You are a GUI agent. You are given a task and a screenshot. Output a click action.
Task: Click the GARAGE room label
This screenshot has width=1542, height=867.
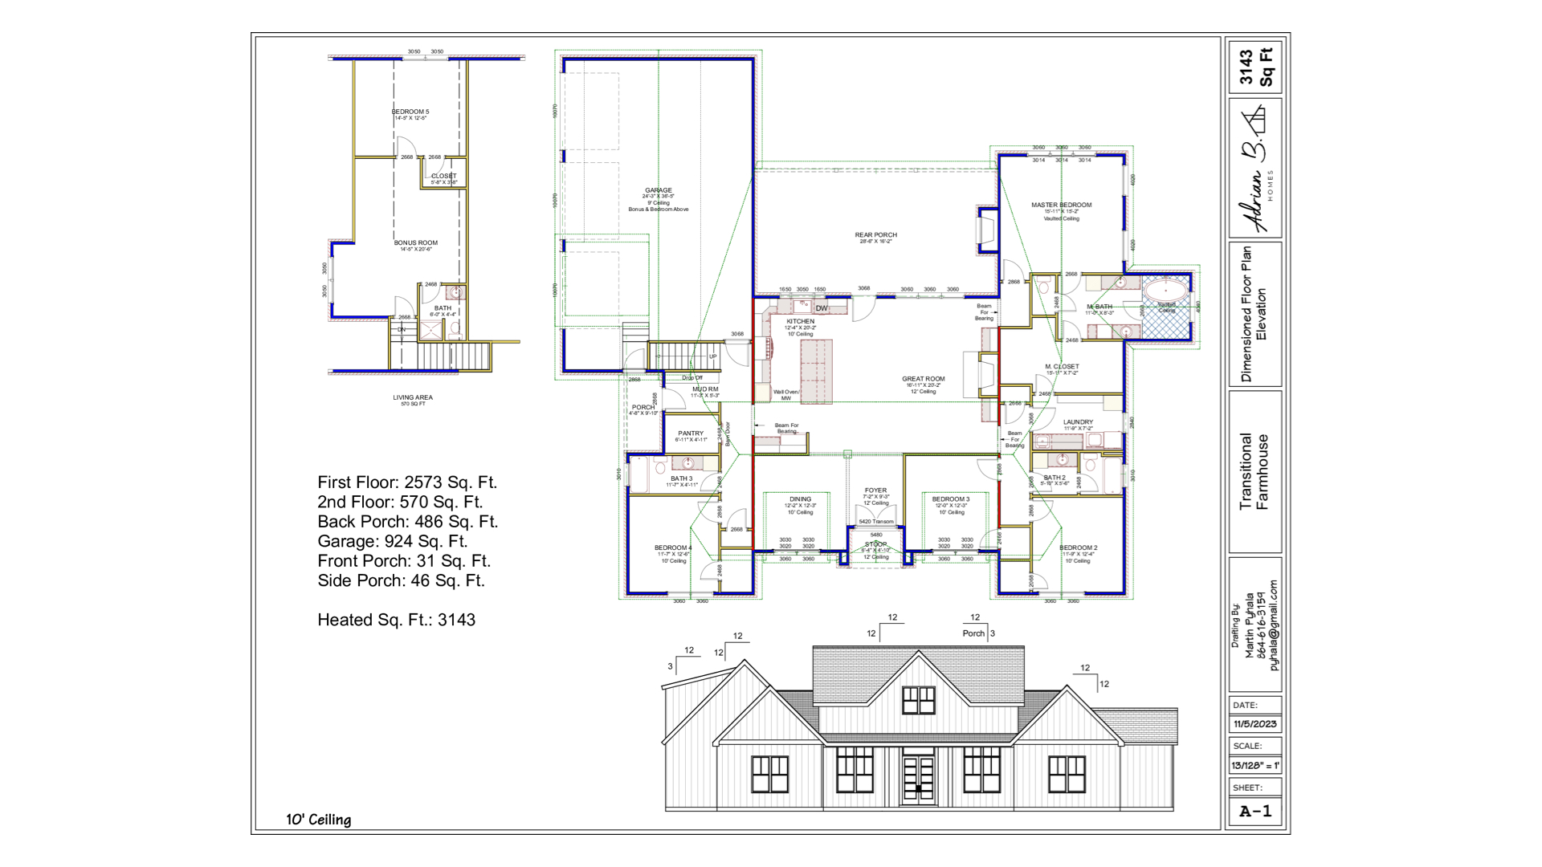coord(658,191)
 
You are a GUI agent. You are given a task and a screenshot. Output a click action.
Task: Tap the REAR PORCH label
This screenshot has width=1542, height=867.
coord(875,235)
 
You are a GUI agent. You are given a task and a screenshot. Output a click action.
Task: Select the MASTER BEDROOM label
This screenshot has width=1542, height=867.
coord(1061,206)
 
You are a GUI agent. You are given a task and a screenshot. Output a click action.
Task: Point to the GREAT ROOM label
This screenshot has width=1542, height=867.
coord(923,379)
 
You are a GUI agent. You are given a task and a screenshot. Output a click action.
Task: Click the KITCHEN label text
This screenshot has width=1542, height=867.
coord(800,321)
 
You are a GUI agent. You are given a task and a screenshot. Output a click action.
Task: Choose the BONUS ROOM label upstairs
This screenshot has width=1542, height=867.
coord(415,243)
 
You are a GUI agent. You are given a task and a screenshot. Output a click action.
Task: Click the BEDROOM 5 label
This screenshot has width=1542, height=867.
coord(410,112)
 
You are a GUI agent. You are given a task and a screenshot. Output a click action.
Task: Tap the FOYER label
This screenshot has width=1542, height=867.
coord(875,490)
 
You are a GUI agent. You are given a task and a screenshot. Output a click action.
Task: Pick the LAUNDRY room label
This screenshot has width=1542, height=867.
coord(1078,422)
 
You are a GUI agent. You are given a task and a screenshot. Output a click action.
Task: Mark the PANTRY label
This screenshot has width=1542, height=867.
coord(691,433)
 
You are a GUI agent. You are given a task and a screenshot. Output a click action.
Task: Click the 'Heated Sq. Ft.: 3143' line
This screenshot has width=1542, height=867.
coord(396,620)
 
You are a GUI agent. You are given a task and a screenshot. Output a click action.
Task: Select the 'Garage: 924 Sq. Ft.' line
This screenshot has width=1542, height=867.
coord(392,541)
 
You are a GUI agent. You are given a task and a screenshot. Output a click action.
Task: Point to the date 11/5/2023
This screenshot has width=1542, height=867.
coord(1254,724)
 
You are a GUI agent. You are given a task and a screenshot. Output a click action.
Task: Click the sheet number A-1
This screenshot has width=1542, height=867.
coord(1255,812)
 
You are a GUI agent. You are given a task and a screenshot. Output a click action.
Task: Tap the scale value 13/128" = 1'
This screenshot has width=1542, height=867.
coord(1254,766)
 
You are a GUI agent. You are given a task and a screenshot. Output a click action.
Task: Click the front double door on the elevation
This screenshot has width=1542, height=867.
coord(918,779)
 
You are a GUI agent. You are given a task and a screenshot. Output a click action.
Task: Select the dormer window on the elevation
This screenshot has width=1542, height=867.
coord(918,700)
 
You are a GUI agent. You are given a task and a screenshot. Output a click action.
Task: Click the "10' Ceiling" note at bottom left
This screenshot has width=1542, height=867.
coord(319,820)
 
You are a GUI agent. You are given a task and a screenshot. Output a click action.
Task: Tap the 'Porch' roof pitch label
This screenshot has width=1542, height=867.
coord(973,633)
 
